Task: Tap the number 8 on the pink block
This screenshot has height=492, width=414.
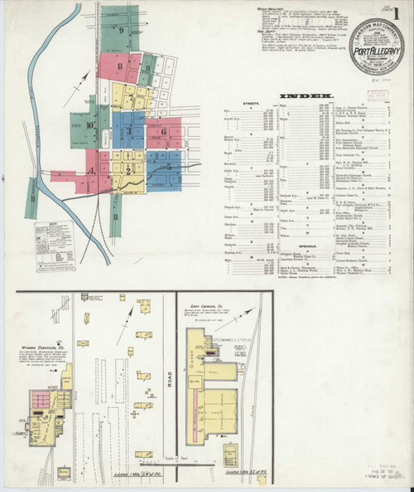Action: point(121,65)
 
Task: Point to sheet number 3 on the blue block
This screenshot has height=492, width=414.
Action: point(130,126)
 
